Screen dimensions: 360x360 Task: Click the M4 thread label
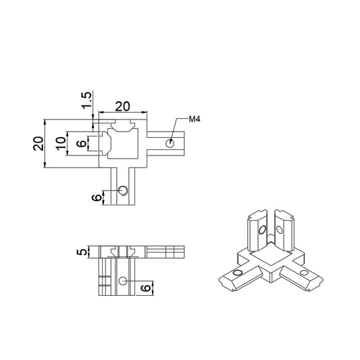[195, 120]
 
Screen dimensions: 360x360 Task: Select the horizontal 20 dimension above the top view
[122, 106]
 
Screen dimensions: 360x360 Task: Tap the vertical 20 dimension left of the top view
[38, 143]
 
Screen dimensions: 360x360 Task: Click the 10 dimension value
[61, 143]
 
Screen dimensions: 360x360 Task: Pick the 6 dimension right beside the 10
[81, 143]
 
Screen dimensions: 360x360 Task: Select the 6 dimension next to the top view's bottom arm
[97, 197]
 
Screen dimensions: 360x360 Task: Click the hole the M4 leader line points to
[170, 143]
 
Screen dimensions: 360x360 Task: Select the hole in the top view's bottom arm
[122, 190]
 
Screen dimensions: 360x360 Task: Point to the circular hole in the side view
[122, 280]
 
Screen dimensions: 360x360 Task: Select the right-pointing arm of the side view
[165, 252]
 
